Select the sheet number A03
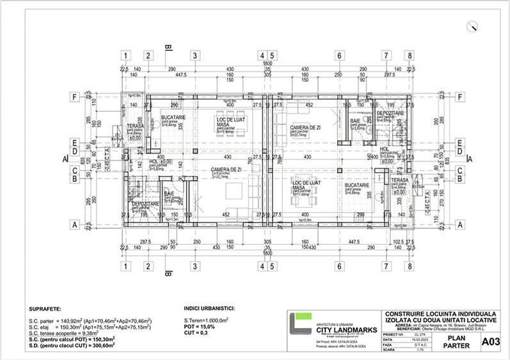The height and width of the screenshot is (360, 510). tap(490, 342)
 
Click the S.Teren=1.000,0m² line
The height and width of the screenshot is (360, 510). tap(205, 320)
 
